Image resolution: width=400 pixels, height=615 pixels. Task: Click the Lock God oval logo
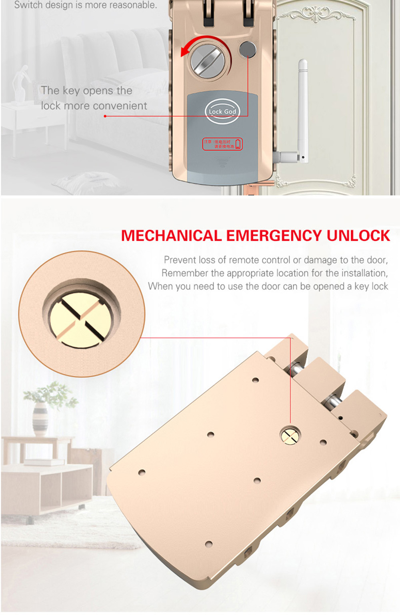(222, 111)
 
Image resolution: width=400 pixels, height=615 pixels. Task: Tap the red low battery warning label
(222, 144)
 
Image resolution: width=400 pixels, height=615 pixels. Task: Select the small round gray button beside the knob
(247, 50)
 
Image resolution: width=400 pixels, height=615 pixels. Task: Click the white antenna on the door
(302, 108)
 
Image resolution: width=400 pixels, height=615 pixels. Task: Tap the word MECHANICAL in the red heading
(171, 236)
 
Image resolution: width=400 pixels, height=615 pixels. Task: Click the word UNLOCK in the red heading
(358, 236)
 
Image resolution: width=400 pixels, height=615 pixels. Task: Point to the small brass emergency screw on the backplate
(290, 435)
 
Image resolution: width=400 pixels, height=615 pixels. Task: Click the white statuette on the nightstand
(20, 84)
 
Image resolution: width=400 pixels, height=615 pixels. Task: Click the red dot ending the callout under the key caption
(105, 116)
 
